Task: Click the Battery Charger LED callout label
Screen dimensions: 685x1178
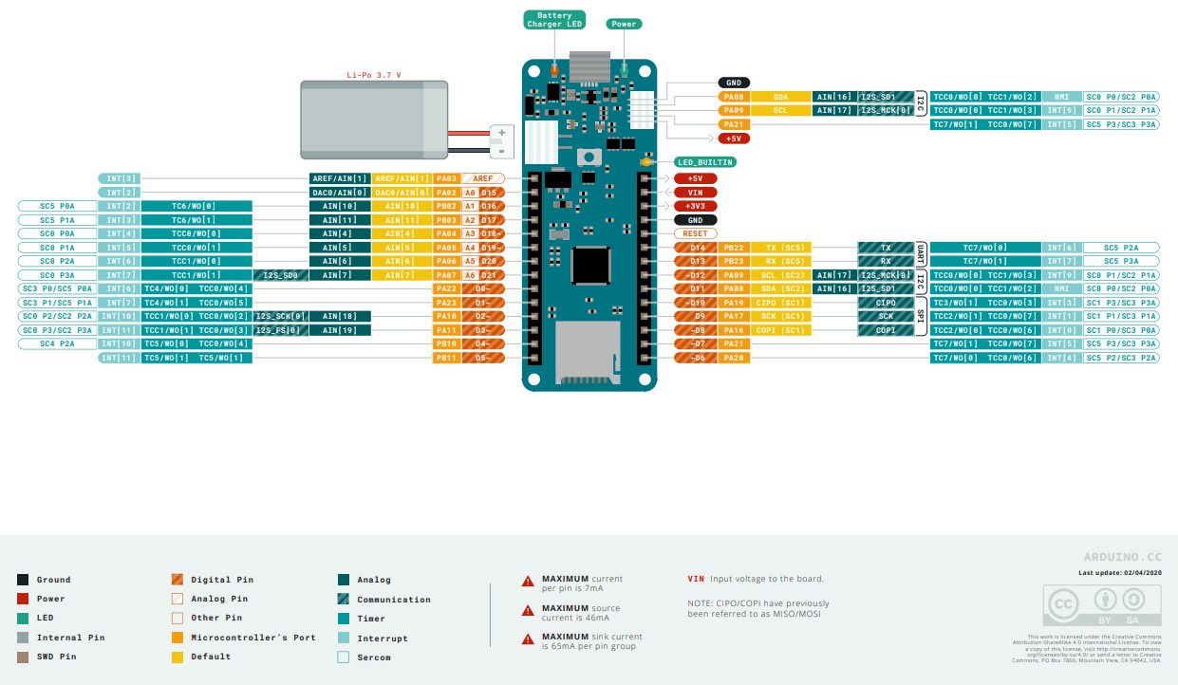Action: click(x=554, y=20)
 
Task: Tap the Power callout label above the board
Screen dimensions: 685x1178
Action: click(x=624, y=24)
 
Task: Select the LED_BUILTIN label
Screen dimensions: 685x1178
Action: click(x=705, y=162)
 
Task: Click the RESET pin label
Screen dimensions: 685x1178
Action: click(x=695, y=233)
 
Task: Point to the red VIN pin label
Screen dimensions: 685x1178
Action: click(x=695, y=192)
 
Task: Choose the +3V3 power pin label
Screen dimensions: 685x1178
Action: click(x=695, y=206)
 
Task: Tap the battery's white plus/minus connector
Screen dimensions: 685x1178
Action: click(x=500, y=141)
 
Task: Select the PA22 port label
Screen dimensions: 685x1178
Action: click(x=446, y=288)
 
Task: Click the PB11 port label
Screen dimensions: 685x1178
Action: click(x=446, y=358)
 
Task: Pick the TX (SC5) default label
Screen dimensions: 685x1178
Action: click(x=784, y=248)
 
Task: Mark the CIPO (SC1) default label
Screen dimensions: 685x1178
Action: click(x=784, y=303)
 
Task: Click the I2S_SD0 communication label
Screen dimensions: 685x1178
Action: click(x=280, y=275)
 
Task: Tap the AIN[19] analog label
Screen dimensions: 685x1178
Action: click(x=339, y=330)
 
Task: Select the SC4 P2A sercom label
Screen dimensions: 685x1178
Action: click(x=57, y=343)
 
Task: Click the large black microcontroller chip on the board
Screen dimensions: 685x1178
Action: click(x=589, y=265)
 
